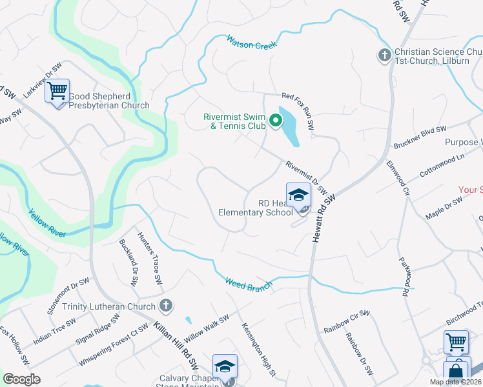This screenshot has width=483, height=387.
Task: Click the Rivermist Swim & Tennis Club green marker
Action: click(275, 121)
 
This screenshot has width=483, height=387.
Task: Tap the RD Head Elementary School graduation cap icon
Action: click(298, 194)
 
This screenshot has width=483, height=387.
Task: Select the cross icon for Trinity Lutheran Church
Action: click(165, 305)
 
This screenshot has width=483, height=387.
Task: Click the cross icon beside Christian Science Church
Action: click(384, 55)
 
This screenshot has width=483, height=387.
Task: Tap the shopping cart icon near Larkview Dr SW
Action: click(57, 91)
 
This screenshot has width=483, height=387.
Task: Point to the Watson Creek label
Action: click(251, 43)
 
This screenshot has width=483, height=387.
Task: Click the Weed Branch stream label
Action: click(248, 284)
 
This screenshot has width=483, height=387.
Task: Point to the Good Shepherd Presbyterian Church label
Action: click(108, 101)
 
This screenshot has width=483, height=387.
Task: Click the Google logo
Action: click(21, 379)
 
